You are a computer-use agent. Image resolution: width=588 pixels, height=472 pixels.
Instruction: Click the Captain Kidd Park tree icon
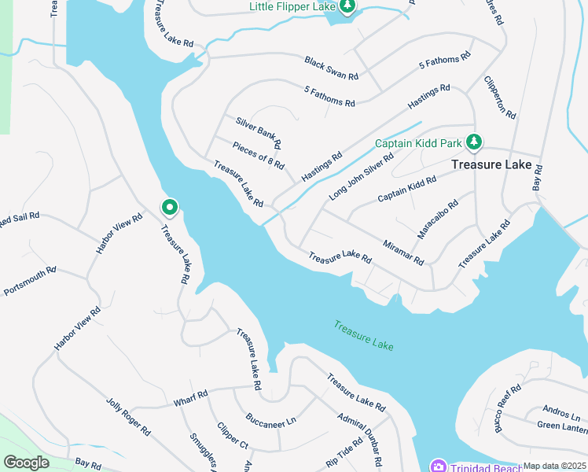click(473, 142)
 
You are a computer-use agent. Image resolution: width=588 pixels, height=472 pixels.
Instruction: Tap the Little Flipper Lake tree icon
click(347, 6)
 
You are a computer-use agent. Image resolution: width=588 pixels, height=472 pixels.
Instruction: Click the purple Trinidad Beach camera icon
click(438, 466)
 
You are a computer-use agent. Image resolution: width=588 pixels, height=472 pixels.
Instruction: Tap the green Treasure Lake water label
click(363, 336)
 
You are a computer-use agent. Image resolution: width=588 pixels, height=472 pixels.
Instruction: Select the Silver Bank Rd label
click(259, 133)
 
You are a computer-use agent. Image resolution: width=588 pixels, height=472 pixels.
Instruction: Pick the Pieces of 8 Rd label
click(258, 154)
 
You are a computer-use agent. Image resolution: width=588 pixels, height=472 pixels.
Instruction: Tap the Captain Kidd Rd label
click(406, 190)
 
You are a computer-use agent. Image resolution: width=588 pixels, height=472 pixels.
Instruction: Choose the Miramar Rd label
click(404, 253)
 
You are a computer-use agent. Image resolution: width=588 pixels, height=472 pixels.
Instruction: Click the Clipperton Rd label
click(500, 98)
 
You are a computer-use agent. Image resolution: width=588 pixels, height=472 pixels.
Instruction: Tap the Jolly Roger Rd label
click(127, 416)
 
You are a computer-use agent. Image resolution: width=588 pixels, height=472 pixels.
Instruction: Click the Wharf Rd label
click(190, 398)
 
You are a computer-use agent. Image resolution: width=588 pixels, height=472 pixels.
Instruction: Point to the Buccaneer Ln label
click(270, 417)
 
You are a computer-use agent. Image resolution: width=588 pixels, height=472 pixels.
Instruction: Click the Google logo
click(27, 462)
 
